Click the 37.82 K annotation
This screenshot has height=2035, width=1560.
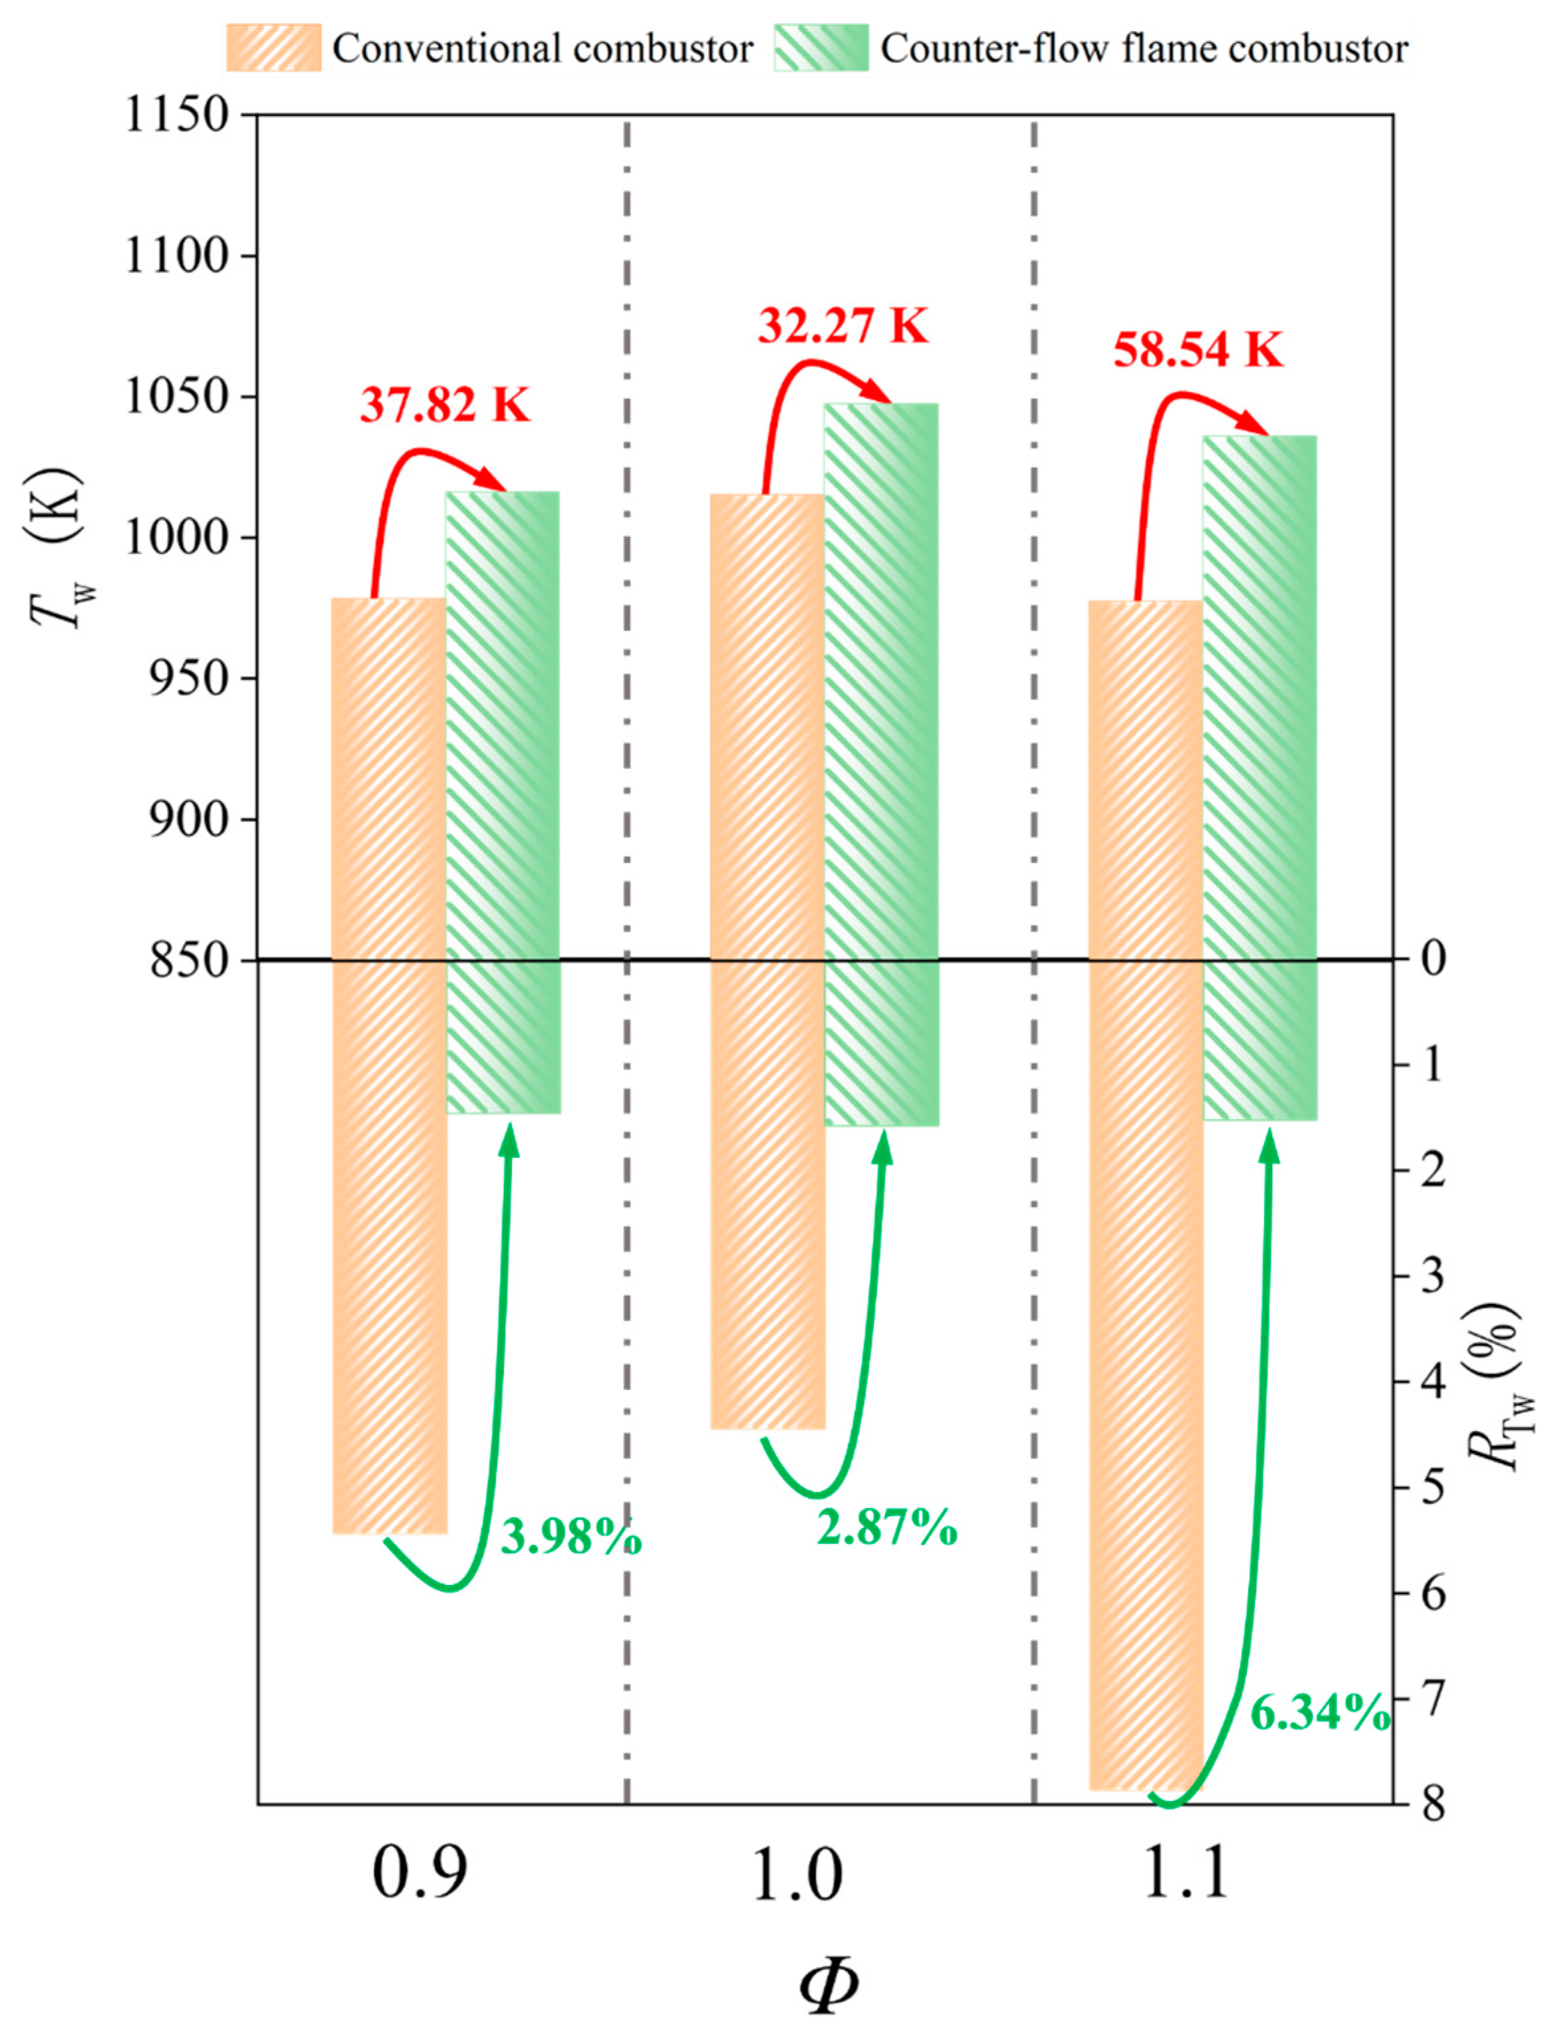point(445,406)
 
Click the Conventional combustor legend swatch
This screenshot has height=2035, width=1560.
point(274,48)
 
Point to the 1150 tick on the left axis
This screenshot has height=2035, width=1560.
point(176,116)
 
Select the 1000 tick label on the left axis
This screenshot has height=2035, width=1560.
point(176,538)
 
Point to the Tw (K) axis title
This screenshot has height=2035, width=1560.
point(58,548)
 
